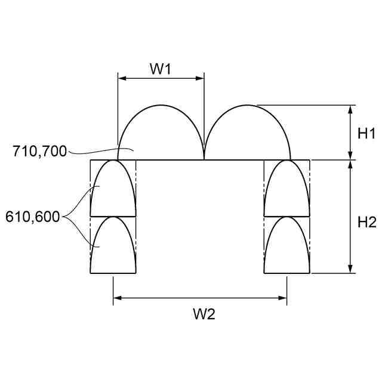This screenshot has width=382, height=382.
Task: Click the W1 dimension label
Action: (161, 69)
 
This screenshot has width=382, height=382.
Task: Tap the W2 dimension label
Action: (204, 314)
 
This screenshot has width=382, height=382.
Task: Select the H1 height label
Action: (366, 134)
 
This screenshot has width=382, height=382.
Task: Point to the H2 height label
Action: (367, 222)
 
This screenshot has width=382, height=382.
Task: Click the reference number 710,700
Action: (40, 151)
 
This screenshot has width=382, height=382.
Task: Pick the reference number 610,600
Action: (33, 217)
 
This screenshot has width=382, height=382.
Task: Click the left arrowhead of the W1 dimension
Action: (122, 78)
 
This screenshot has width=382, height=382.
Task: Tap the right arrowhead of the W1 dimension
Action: (200, 78)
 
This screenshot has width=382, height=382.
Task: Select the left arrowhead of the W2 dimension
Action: (118, 298)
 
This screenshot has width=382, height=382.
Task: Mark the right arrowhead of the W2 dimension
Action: (282, 298)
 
